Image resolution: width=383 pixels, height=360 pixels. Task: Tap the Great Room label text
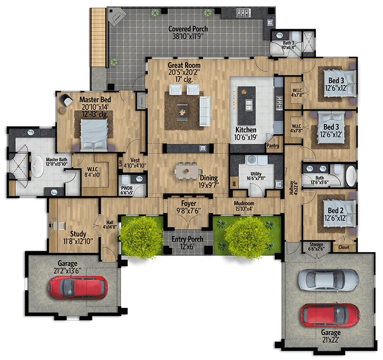[x=184, y=65]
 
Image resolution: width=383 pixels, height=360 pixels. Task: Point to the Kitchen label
[x=246, y=130]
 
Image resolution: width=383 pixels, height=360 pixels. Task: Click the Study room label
[x=78, y=234]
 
